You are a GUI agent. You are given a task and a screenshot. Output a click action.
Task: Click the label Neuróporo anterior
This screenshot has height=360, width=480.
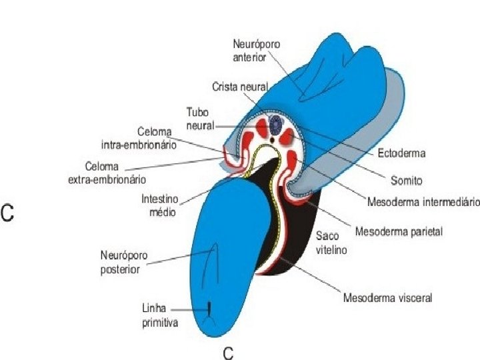pos(257,50)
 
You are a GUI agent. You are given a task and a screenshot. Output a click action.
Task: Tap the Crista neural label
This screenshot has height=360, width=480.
pos(240,87)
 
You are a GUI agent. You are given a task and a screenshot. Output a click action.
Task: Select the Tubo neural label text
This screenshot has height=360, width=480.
pos(200,119)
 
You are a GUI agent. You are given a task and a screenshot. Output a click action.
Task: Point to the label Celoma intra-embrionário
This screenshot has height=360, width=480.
pos(139,138)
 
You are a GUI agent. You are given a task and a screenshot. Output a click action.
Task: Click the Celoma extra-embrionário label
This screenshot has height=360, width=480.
pos(107,172)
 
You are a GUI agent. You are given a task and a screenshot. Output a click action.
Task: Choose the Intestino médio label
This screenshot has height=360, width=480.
pos(159,205)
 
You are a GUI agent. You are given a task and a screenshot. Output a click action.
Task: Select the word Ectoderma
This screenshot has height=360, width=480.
pos(401,153)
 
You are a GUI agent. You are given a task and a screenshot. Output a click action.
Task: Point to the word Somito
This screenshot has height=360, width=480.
pos(406,180)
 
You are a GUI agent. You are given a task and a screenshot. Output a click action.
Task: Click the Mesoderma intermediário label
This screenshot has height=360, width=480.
pos(423,201)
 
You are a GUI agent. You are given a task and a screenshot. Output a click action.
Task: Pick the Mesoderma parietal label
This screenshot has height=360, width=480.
pos(399,232)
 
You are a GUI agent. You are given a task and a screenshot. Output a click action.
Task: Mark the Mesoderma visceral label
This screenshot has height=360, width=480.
pos(387,298)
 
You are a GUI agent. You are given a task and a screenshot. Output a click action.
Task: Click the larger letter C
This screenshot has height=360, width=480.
pos(8,213)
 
